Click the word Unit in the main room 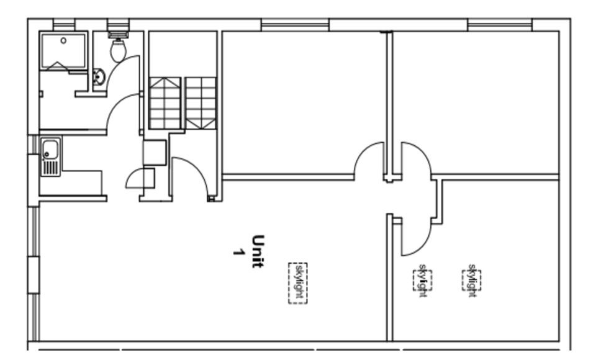click(x=258, y=251)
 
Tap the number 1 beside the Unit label click(x=238, y=252)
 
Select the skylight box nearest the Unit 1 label click(x=297, y=283)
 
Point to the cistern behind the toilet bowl click(x=118, y=35)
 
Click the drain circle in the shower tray click(x=63, y=41)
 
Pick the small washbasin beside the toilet click(x=99, y=76)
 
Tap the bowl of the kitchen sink click(x=50, y=150)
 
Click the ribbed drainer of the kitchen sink click(x=52, y=168)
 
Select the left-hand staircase click(x=165, y=104)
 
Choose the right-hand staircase click(x=201, y=104)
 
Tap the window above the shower click(x=64, y=25)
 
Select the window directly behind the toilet click(x=118, y=25)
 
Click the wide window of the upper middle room click(x=295, y=25)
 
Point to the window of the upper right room click(x=499, y=25)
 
